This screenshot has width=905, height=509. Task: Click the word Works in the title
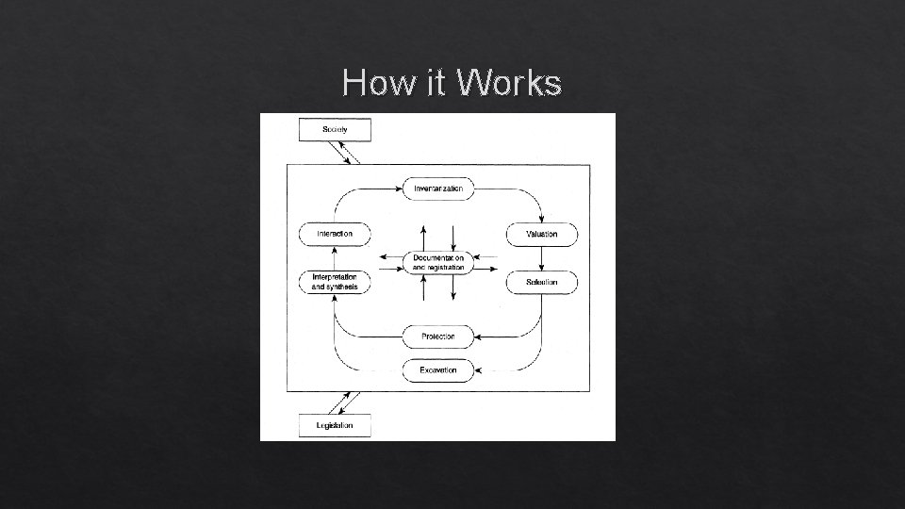click(x=508, y=84)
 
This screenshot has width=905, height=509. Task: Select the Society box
click(x=335, y=129)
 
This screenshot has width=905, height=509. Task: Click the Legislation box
click(x=335, y=425)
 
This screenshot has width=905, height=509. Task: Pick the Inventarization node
click(x=438, y=189)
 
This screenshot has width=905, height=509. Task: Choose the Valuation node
click(x=542, y=234)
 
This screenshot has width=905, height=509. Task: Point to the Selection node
click(x=542, y=282)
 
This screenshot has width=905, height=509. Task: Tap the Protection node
click(x=438, y=337)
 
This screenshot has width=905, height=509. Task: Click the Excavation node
click(x=438, y=370)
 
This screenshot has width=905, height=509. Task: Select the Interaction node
click(x=335, y=234)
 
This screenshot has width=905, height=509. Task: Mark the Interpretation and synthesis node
click(x=335, y=282)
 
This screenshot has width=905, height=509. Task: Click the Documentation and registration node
click(x=438, y=262)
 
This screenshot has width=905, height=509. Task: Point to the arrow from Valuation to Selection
click(x=542, y=258)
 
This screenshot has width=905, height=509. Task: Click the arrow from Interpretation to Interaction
click(x=335, y=258)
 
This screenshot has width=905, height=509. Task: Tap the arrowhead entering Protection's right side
click(x=478, y=337)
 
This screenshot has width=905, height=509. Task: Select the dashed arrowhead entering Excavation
click(x=478, y=370)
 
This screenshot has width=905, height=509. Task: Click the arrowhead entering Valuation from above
click(x=541, y=219)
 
